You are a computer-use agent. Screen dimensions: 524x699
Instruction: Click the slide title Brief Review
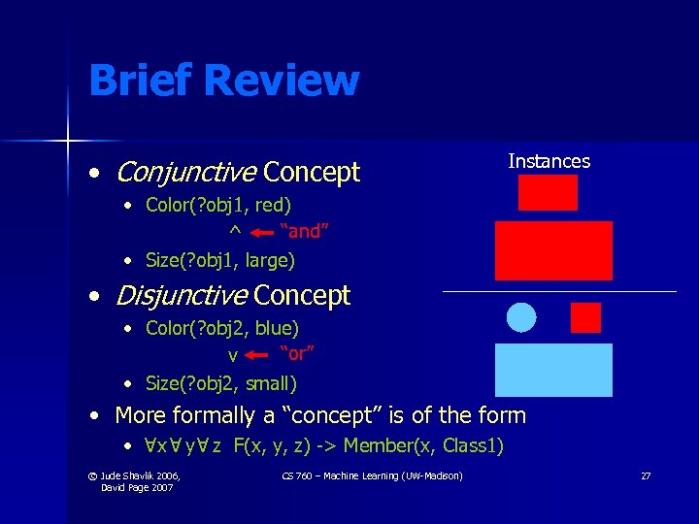coord(223,81)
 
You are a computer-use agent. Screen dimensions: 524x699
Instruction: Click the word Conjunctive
coord(185,173)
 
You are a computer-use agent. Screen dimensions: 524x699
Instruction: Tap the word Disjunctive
coord(182,295)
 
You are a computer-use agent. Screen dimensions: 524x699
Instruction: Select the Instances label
coord(549,161)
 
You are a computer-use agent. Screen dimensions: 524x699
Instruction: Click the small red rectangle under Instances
coord(548,192)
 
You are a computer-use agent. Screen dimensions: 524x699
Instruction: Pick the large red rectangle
coord(553,250)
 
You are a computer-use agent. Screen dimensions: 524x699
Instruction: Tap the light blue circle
coord(522,316)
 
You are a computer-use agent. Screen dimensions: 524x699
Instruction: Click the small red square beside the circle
coord(585,317)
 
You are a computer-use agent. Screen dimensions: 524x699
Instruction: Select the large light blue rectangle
coord(553,370)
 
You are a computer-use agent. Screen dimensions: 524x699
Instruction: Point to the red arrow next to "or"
coord(256,355)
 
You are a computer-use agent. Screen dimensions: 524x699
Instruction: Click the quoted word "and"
coord(304,231)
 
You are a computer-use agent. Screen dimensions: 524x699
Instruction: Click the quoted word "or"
coord(297,351)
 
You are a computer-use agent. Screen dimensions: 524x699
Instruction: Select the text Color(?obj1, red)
coord(217,205)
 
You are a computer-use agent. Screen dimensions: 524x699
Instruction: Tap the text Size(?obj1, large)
coord(219,260)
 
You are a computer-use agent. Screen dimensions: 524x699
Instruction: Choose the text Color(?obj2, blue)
coord(221,328)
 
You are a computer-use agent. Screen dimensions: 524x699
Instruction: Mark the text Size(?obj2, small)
coord(220,383)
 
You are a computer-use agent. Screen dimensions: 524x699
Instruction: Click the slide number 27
coord(645,475)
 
